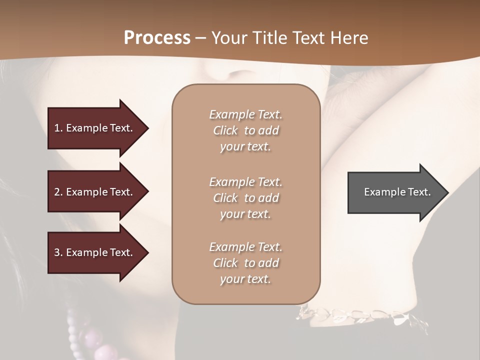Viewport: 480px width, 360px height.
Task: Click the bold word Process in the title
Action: [157, 38]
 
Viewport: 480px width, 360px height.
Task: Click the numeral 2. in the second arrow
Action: [58, 192]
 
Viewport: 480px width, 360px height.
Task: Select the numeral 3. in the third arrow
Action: [58, 252]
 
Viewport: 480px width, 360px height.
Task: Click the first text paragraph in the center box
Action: [245, 130]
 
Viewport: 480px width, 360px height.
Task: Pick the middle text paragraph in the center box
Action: [245, 198]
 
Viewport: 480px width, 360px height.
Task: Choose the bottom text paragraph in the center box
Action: [245, 263]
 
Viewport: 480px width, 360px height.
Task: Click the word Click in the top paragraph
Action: [225, 130]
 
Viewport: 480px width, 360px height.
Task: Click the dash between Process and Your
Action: [200, 38]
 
